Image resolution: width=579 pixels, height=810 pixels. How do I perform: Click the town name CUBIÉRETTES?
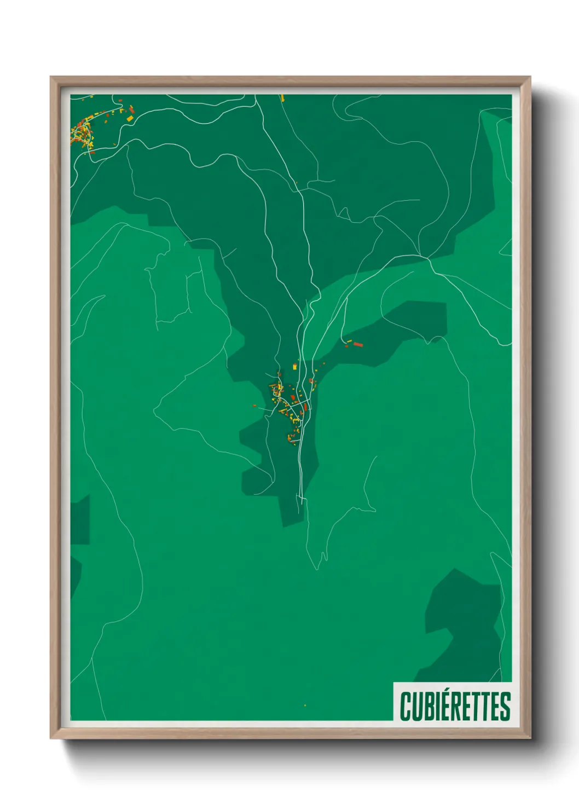click(455, 706)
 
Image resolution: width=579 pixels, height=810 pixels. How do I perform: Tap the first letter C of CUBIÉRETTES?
click(406, 707)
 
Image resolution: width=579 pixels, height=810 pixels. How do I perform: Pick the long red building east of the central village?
click(358, 344)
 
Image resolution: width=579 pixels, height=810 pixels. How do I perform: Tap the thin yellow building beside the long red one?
click(349, 342)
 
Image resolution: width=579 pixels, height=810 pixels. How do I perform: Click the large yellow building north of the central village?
click(294, 366)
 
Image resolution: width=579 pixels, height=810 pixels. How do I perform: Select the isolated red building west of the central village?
click(254, 405)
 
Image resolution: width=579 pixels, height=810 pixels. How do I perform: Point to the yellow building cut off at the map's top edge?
click(283, 98)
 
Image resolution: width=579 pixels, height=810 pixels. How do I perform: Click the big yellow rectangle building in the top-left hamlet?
click(130, 118)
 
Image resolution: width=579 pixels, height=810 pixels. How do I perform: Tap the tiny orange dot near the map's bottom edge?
click(305, 705)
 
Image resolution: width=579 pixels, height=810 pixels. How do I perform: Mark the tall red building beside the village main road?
click(305, 408)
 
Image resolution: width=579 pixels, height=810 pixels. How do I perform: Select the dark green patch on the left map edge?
click(80, 520)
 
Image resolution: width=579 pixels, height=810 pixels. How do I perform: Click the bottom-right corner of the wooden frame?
click(530, 738)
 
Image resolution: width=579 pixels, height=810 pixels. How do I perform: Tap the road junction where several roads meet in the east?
click(428, 257)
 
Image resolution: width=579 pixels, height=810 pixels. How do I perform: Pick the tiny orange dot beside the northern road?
click(296, 183)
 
